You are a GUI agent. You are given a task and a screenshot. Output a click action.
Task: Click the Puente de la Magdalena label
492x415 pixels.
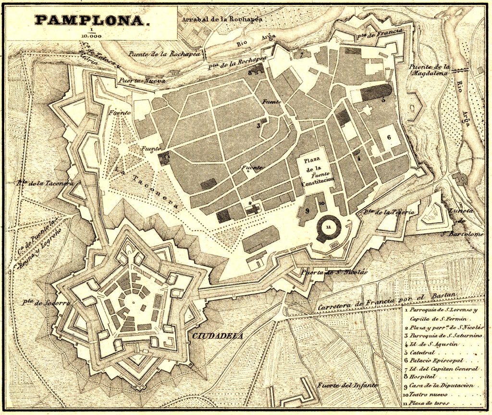click(429, 69)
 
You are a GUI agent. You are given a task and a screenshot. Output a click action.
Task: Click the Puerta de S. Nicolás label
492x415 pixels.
click(334, 272)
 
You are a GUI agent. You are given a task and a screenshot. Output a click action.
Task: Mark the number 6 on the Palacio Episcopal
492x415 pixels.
click(389, 137)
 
